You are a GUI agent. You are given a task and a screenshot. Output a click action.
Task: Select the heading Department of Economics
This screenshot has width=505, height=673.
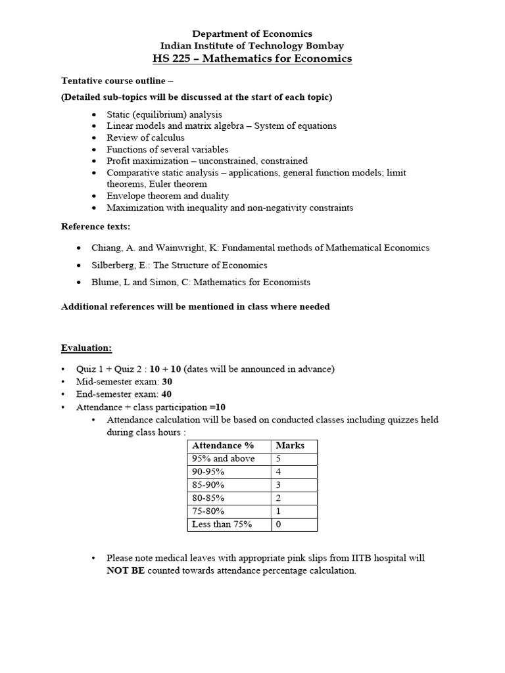(x=252, y=34)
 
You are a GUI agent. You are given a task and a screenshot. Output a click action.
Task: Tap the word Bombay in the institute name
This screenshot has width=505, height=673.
(x=321, y=46)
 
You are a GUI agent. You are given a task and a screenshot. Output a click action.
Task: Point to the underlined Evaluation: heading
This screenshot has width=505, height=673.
(x=87, y=348)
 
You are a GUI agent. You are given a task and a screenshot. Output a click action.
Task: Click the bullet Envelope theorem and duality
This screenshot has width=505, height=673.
(x=168, y=196)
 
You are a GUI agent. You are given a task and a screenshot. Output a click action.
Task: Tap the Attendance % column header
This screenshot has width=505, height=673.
(x=222, y=446)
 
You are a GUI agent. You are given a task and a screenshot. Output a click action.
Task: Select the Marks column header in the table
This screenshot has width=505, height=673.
(x=290, y=446)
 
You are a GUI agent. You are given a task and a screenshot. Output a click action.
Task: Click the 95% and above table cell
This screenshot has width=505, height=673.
(x=223, y=459)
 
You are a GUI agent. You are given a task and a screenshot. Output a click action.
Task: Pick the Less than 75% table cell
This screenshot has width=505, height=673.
(x=222, y=524)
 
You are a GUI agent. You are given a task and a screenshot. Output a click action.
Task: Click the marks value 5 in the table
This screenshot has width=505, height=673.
(x=279, y=459)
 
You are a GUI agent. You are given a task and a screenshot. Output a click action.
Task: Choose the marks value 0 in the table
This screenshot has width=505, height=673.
(x=279, y=524)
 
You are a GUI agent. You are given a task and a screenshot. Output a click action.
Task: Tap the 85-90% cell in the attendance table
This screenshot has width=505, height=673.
(x=208, y=485)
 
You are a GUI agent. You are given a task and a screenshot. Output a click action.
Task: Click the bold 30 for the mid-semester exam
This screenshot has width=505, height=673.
(x=168, y=381)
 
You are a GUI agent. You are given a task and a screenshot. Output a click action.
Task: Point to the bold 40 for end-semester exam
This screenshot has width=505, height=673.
(x=167, y=394)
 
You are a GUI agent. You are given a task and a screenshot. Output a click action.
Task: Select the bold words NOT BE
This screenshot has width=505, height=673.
(x=126, y=571)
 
